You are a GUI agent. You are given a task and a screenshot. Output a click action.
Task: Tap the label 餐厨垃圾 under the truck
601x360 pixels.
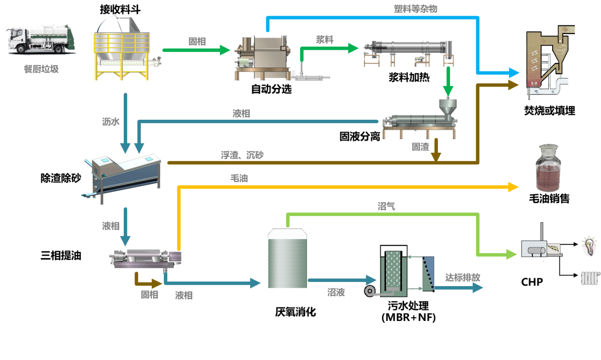(x=41, y=69)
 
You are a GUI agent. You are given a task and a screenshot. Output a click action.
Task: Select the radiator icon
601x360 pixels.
(x=590, y=278)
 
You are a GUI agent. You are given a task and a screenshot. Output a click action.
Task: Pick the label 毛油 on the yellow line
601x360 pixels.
(x=239, y=178)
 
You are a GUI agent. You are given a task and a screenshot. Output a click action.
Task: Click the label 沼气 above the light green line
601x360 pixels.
(x=386, y=207)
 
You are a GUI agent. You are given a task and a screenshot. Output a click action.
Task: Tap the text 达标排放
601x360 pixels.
(x=463, y=278)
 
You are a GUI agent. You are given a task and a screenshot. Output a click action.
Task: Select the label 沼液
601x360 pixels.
(x=336, y=293)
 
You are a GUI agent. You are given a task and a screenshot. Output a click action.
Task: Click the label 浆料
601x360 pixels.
(x=324, y=39)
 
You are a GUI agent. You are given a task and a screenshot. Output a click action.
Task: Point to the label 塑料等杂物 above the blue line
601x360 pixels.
(x=415, y=9)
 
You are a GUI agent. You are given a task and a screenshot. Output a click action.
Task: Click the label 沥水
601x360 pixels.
(x=111, y=121)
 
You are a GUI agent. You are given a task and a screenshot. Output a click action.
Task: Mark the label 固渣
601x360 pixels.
(x=420, y=147)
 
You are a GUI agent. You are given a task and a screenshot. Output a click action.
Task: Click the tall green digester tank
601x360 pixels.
(x=287, y=259)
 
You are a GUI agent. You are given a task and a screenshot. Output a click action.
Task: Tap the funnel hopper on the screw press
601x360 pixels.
(x=447, y=107)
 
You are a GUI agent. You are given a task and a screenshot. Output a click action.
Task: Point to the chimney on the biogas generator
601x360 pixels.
(x=542, y=231)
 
